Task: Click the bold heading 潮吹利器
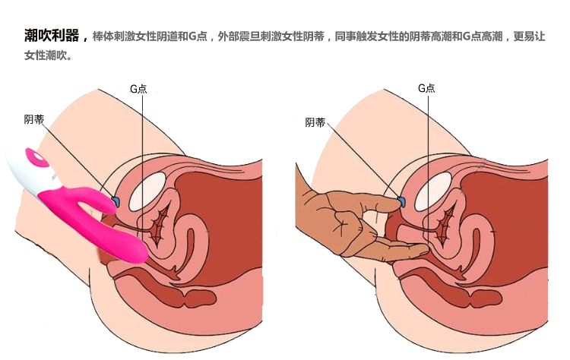[x=52, y=36]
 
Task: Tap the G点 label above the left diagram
[x=138, y=89]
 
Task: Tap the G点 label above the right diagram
[x=426, y=88]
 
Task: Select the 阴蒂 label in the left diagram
[x=33, y=119]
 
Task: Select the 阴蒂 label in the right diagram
[x=315, y=122]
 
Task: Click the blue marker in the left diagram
[x=116, y=201]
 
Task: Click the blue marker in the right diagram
[x=402, y=201]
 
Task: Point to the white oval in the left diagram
[x=147, y=191]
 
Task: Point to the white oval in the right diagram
[x=433, y=191]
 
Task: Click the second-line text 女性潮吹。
[x=49, y=55]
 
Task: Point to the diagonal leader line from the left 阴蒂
[x=78, y=159]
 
